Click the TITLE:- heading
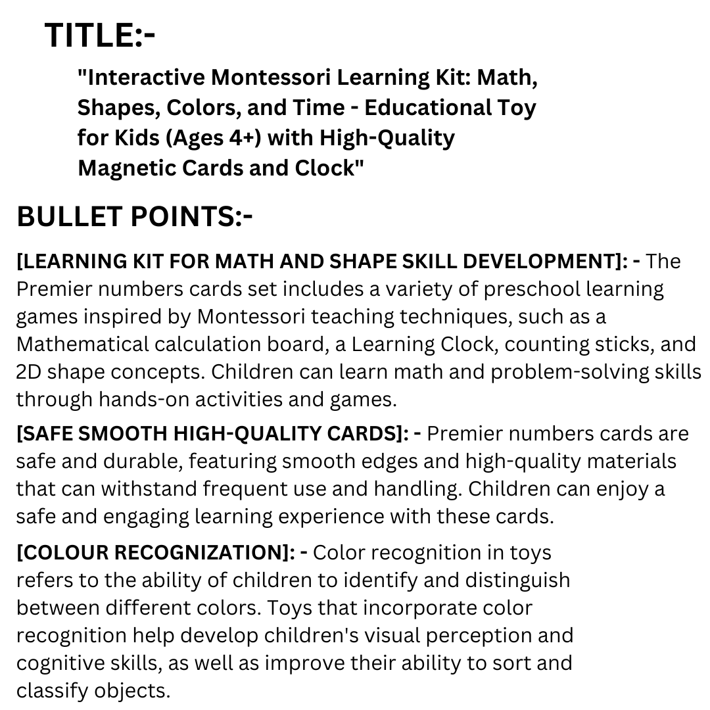click(100, 35)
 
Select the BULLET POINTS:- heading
click(134, 217)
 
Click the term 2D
click(28, 371)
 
